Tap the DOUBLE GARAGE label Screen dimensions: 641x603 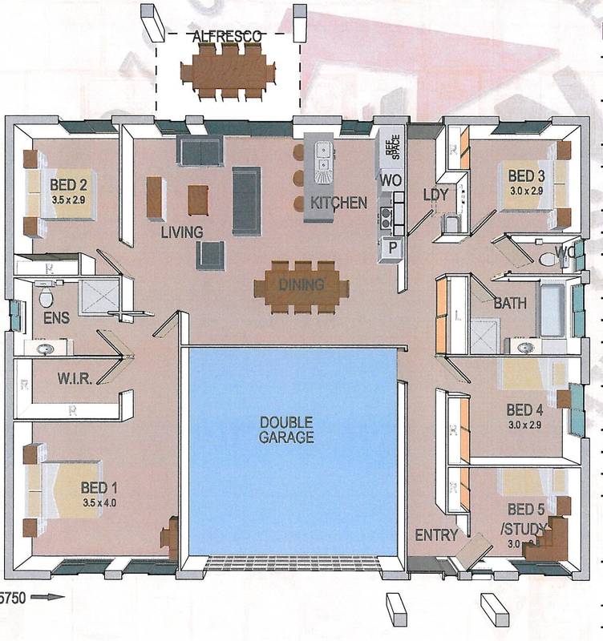pyautogui.click(x=286, y=429)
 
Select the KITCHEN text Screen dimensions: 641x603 pyautogui.click(x=339, y=203)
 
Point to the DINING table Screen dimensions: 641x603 pyautogui.click(x=301, y=285)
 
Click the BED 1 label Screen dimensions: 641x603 pyautogui.click(x=99, y=487)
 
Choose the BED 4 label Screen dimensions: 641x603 pyautogui.click(x=525, y=410)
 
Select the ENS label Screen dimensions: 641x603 pyautogui.click(x=57, y=318)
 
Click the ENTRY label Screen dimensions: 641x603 pyautogui.click(x=436, y=534)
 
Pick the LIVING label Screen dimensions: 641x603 pyautogui.click(x=182, y=232)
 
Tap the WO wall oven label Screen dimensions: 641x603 pyautogui.click(x=391, y=181)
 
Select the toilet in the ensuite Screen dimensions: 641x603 pyautogui.click(x=46, y=298)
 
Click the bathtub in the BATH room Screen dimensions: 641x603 pyautogui.click(x=552, y=309)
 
